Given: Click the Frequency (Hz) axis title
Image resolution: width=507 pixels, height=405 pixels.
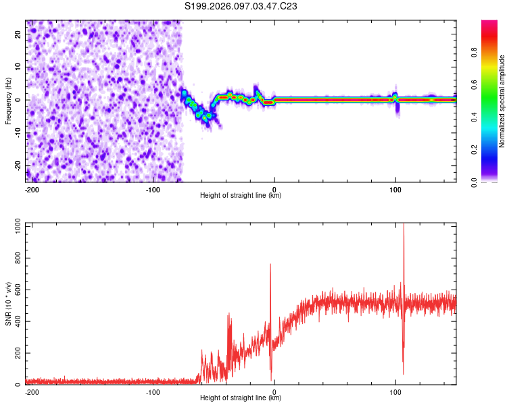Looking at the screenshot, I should pyautogui.click(x=8, y=101).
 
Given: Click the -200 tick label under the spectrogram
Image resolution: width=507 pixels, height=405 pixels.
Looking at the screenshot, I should pyautogui.click(x=32, y=189).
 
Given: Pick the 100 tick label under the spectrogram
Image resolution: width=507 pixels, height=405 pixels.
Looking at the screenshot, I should pyautogui.click(x=395, y=189).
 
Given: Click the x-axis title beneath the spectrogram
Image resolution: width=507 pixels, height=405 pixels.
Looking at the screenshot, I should pyautogui.click(x=241, y=195).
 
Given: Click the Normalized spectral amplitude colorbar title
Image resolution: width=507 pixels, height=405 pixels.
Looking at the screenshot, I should pyautogui.click(x=502, y=101).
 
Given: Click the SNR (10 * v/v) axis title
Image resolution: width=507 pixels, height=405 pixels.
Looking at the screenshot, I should pyautogui.click(x=8, y=304).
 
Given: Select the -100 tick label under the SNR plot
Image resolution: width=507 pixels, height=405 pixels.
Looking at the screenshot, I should pyautogui.click(x=153, y=391).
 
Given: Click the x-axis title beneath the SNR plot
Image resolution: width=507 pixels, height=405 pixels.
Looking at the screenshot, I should pyautogui.click(x=241, y=398).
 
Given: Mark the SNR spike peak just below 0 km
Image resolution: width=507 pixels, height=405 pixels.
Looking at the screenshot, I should pyautogui.click(x=270, y=265).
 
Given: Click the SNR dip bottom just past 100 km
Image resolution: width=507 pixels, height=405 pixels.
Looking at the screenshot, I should pyautogui.click(x=403, y=373).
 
